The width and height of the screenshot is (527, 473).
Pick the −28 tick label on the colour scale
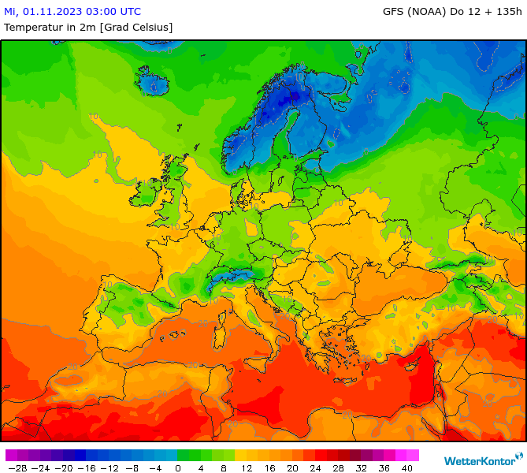pos(16,467)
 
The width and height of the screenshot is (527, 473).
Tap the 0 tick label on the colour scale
pos(177,467)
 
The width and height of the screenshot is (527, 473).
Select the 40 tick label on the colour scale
pos(407,467)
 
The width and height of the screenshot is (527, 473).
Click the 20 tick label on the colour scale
pos(292,467)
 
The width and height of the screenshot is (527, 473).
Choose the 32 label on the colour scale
pos(362,467)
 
